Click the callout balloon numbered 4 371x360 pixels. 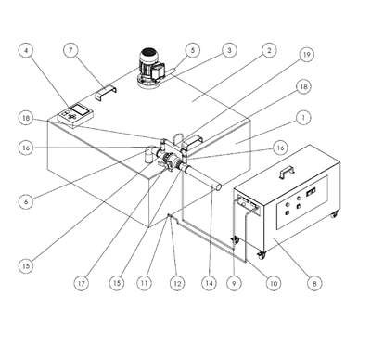pos(26,50)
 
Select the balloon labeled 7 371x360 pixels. pos(70,50)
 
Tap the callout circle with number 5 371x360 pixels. pos(193,50)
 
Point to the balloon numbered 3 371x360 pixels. pos(229,50)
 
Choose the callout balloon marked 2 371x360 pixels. pos(269,50)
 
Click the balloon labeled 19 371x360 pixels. pos(306,55)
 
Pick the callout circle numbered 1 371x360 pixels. pos(303,118)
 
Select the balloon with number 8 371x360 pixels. pos(314,283)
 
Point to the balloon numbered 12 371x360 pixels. pos(177,283)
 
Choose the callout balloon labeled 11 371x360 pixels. pos(144,283)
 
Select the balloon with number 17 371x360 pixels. pos(82,283)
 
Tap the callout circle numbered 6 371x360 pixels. pos(26,201)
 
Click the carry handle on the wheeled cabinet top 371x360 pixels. pos(287,172)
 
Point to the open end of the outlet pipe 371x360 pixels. pos(218,186)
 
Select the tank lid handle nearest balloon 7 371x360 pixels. pos(106,93)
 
